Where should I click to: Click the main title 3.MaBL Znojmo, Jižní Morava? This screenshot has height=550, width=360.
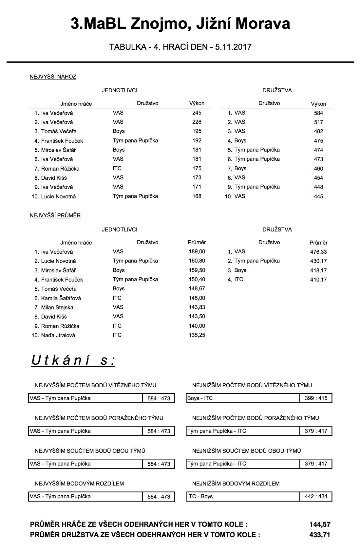pos(180,24)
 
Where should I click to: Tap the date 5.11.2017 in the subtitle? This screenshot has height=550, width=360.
pos(233,47)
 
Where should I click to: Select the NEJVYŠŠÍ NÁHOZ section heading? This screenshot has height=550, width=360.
pos(53,77)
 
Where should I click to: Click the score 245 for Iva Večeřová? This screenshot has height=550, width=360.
pos(197,113)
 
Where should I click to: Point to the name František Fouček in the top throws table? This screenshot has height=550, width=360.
pos(62,141)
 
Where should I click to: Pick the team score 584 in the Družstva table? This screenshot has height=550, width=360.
pos(318,113)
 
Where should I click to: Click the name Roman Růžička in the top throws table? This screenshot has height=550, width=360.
pos(60,169)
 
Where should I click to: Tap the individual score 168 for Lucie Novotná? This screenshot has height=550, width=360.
pos(197,196)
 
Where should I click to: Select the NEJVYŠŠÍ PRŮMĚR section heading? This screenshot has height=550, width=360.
pos(55,215)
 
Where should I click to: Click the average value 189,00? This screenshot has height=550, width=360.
pos(197,251)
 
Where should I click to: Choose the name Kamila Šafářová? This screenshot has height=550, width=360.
pos(61,298)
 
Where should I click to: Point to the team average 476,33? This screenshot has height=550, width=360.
pos(318,252)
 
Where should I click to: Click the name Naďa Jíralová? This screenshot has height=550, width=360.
pos(58,335)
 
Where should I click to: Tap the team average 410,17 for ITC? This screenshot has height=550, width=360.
pos(318,280)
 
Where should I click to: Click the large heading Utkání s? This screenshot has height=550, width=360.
pos(73,360)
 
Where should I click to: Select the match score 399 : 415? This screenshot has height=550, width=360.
pos(316,398)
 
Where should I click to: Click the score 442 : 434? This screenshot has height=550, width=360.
pos(316,496)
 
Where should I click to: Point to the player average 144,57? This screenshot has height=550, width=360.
pos(320,524)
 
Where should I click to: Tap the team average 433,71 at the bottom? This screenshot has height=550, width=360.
pos(320,535)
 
